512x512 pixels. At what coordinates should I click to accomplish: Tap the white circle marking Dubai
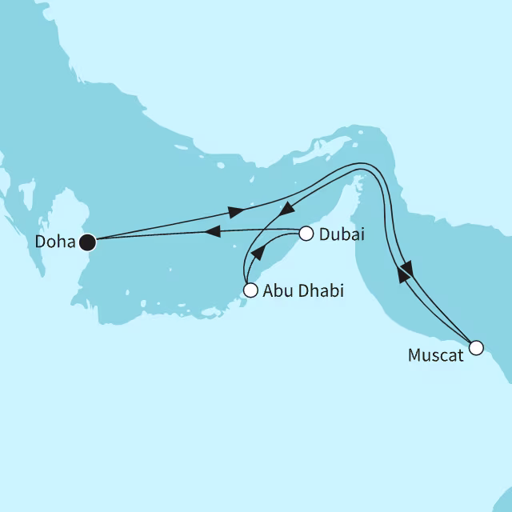(305, 234)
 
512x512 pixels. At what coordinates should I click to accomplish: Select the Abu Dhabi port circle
(250, 290)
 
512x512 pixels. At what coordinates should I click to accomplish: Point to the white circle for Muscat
(476, 347)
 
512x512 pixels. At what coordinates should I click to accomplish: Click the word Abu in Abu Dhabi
(276, 291)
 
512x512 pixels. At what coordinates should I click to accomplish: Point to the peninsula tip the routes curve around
(365, 136)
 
